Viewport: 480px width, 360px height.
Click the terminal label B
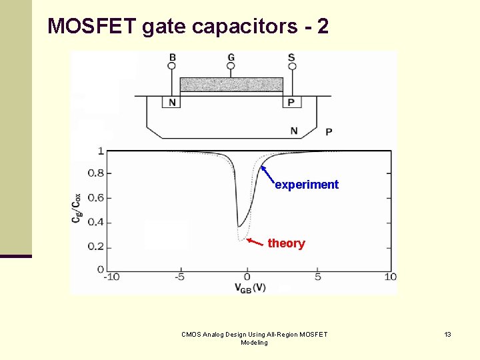tap(173, 58)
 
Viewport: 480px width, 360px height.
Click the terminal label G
tap(231, 58)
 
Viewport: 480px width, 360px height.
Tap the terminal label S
tap(291, 58)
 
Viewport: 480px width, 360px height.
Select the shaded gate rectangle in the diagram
tap(231, 85)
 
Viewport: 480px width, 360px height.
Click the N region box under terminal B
tap(172, 102)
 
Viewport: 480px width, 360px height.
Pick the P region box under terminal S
tap(291, 102)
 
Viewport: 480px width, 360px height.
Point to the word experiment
tap(307, 185)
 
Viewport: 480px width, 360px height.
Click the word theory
tap(286, 243)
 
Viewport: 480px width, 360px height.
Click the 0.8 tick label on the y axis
tap(95, 173)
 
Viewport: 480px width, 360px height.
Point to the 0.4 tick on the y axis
tap(95, 222)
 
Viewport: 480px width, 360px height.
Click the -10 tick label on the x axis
tap(111, 277)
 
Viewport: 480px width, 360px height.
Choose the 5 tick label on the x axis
tap(317, 277)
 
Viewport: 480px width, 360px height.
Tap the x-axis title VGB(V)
tap(250, 287)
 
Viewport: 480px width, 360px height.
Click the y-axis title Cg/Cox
tap(77, 209)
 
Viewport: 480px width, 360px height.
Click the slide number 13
tap(448, 334)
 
